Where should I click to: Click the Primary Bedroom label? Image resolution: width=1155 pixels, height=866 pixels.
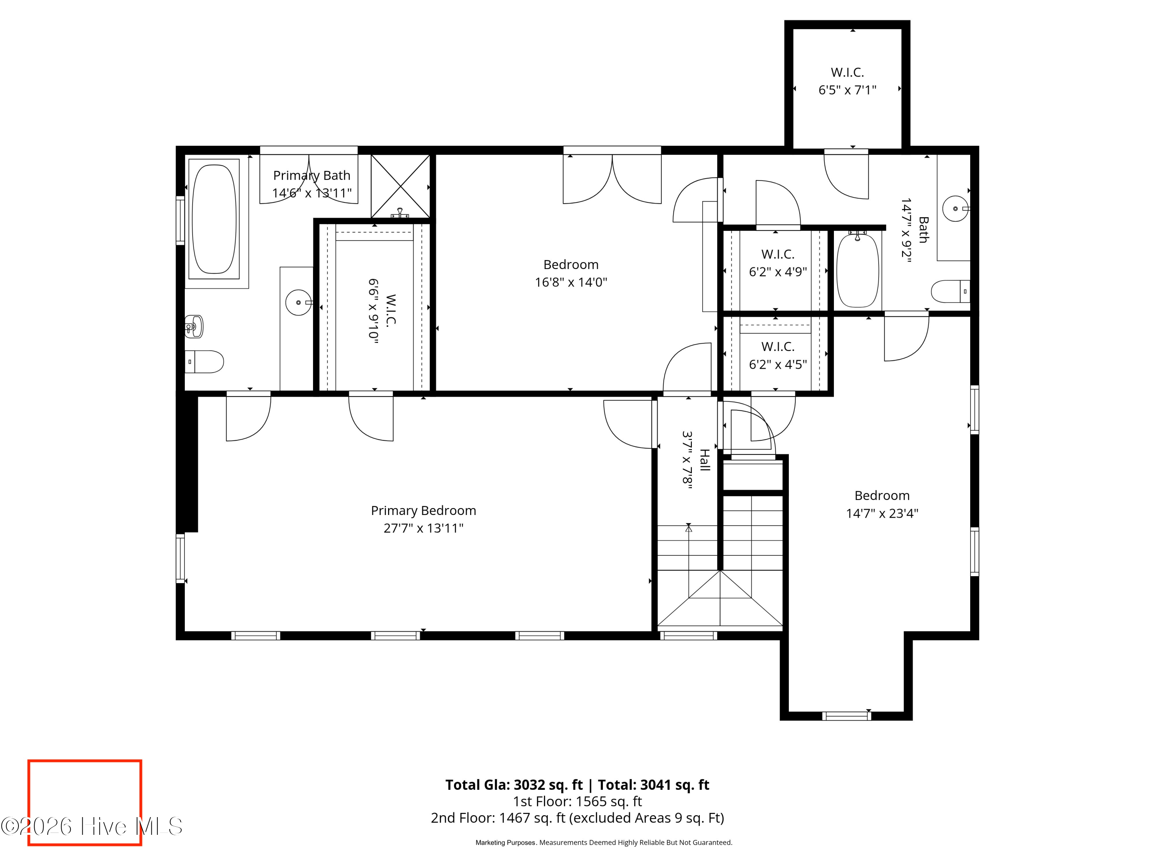pyautogui.click(x=423, y=510)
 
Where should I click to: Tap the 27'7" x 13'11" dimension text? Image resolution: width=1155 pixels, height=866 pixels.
pyautogui.click(x=423, y=528)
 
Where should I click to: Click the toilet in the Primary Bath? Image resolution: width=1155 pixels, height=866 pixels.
pyautogui.click(x=204, y=362)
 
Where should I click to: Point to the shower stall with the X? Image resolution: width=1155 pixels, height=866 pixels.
pyautogui.click(x=400, y=186)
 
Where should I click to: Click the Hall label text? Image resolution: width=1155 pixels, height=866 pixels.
pyautogui.click(x=705, y=460)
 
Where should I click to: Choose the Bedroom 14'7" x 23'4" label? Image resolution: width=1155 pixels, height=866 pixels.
pyautogui.click(x=882, y=504)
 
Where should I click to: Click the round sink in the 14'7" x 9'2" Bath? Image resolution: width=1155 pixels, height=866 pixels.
pyautogui.click(x=956, y=208)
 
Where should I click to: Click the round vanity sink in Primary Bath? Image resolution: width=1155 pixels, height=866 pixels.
pyautogui.click(x=299, y=302)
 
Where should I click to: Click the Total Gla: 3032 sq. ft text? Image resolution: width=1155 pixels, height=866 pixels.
pyautogui.click(x=514, y=785)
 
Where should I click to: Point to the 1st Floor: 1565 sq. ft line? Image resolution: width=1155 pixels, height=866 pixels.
pyautogui.click(x=577, y=801)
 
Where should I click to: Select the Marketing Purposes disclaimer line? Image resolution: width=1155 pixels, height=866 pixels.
pyautogui.click(x=604, y=843)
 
